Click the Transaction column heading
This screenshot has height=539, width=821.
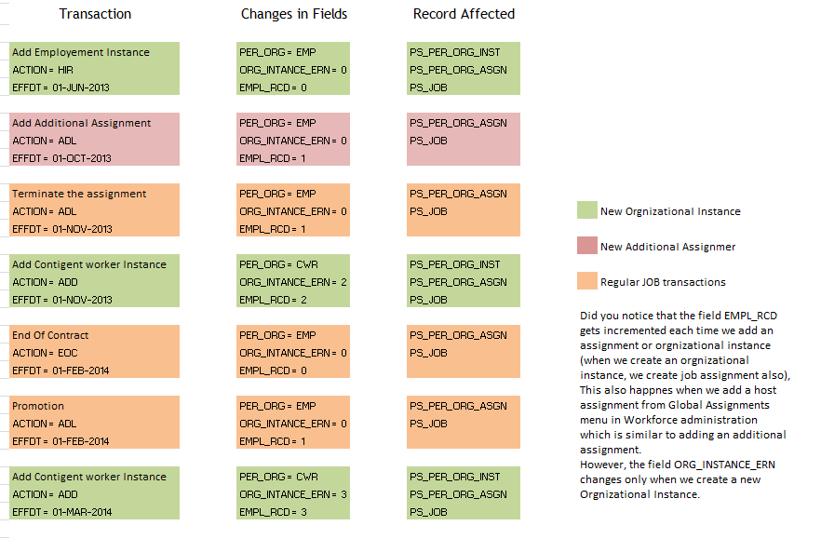coord(95,14)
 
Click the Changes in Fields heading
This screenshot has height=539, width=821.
coord(293,14)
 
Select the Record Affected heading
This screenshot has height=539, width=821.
coord(464,14)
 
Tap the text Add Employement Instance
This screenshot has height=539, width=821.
coord(80,52)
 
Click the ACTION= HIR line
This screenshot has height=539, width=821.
coord(43,70)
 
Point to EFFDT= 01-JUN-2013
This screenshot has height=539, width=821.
coord(61,88)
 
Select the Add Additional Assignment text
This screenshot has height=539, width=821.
coord(81,123)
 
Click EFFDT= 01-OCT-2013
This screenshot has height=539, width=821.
coord(61,158)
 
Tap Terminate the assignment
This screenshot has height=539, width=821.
coord(79,194)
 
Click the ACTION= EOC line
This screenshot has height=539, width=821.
coord(45,353)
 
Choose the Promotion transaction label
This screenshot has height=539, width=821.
coord(38,406)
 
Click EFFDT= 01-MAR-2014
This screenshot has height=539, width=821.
coord(62,512)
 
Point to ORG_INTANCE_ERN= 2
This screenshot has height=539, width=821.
coord(293,282)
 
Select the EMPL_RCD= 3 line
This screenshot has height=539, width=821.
coord(273,512)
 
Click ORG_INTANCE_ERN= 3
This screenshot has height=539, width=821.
coord(293,494)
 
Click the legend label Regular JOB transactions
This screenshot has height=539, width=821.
coord(663,282)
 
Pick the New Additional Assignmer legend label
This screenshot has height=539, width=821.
coord(667,247)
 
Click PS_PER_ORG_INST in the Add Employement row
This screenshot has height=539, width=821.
coord(454,52)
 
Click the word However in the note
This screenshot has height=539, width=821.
coord(602,463)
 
